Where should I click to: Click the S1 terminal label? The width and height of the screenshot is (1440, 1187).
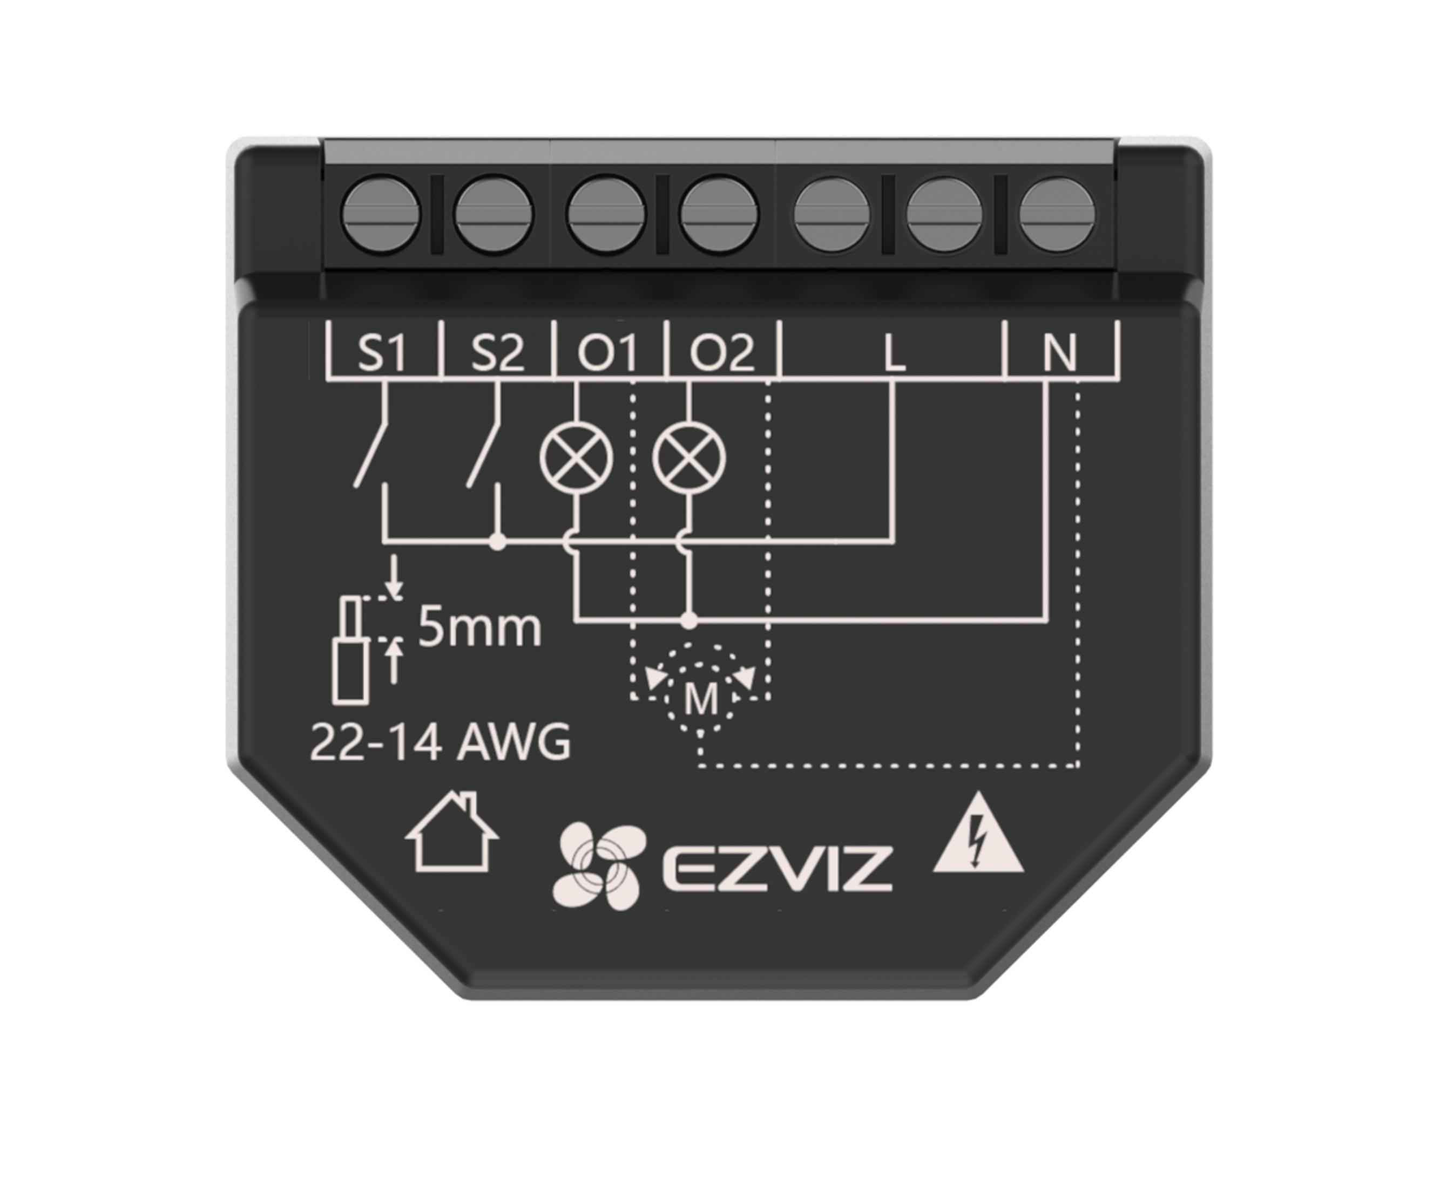[x=382, y=352]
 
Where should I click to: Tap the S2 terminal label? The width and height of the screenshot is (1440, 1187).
[x=497, y=352]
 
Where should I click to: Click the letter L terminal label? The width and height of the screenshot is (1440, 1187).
[x=894, y=353]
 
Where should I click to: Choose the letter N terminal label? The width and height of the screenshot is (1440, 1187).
[x=1059, y=353]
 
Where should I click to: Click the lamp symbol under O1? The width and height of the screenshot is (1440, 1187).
[x=576, y=458]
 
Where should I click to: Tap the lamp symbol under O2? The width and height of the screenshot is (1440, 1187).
[x=689, y=458]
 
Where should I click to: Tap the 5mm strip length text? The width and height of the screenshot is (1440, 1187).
[x=479, y=627]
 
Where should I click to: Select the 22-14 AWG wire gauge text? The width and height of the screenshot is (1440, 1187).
[x=441, y=742]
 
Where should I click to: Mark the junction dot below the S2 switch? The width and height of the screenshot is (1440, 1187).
[x=498, y=542]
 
